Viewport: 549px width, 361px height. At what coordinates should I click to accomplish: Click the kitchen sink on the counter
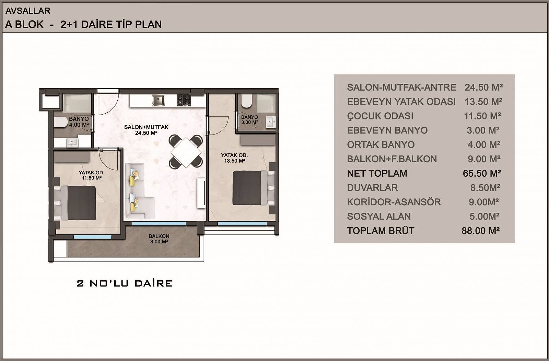point(158,101)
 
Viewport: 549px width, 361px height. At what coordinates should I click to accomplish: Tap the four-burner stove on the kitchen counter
point(184,101)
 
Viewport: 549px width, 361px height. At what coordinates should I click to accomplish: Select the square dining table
point(186,151)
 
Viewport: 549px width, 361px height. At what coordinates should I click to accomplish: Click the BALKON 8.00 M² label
point(159,239)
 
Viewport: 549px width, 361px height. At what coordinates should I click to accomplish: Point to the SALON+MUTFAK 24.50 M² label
point(146,130)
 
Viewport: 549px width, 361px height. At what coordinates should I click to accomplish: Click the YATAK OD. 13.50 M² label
point(235,158)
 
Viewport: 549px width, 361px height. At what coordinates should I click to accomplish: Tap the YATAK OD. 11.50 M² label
point(92,175)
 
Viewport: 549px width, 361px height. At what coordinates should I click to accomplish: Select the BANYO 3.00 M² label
point(249,120)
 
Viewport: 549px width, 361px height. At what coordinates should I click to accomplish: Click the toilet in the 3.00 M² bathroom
point(246,101)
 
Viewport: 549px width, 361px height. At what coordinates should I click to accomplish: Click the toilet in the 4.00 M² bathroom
point(60,122)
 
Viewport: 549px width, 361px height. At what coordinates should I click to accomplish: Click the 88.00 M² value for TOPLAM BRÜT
point(481,231)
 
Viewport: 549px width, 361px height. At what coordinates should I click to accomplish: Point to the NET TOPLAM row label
point(377,174)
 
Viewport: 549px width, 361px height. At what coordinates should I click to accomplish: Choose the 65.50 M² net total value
point(482,174)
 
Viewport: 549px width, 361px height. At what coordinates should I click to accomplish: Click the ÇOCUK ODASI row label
point(380,116)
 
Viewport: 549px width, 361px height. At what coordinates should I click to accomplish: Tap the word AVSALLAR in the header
point(28,11)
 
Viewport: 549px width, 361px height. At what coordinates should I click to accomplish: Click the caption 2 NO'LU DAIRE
point(125,283)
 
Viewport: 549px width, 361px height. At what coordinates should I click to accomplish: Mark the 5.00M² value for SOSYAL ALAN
point(484,217)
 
